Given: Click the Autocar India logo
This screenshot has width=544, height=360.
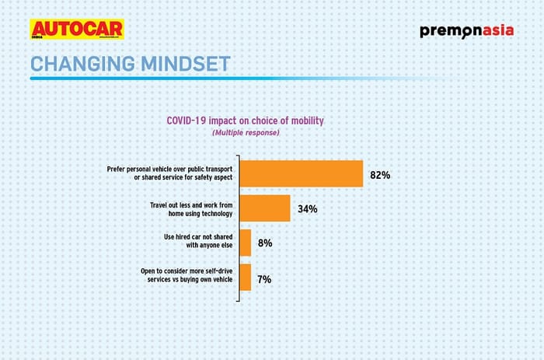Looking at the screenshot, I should coord(77,30).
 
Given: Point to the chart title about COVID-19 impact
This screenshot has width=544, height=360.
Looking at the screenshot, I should coord(245,121).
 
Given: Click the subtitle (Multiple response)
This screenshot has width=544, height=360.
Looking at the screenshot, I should coord(245,133).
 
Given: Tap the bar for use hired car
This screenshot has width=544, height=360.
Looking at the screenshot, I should coord(246,243).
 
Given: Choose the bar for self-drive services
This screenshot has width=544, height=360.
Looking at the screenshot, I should coord(245,278).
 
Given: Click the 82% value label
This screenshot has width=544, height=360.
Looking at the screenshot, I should coord(380,175).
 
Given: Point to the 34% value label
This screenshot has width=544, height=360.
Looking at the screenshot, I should coord(307,209).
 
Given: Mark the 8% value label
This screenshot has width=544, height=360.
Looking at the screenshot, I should coord(265,243).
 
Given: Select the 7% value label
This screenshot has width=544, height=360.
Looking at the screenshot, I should coord(264,278).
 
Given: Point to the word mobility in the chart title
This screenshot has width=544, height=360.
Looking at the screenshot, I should coord(305,121).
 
